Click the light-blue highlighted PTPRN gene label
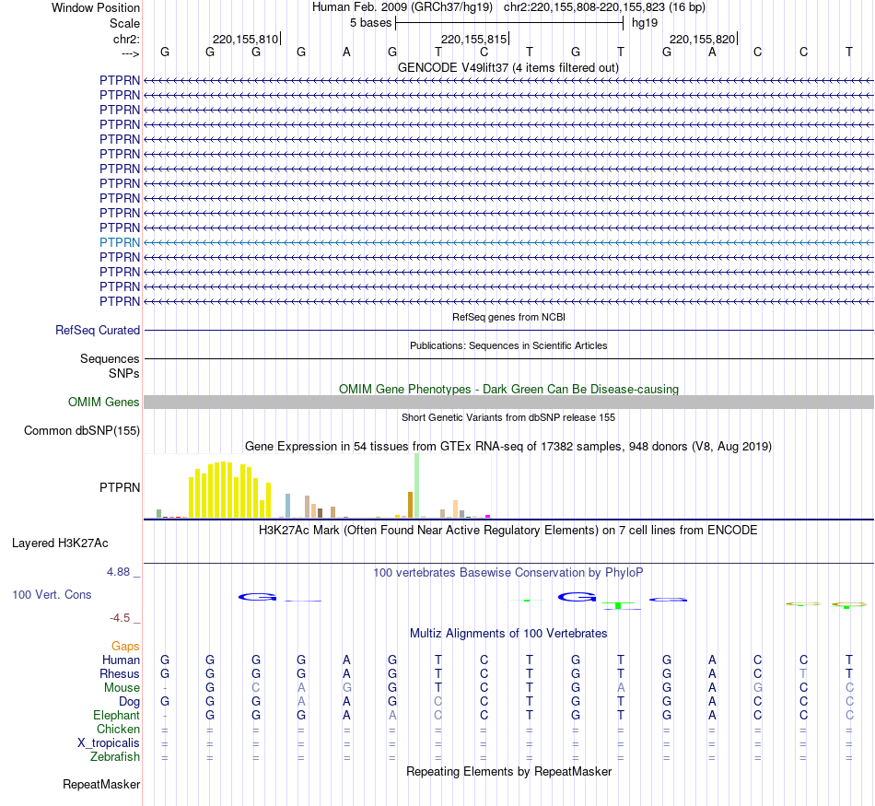click(x=120, y=242)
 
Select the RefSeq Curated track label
click(x=98, y=330)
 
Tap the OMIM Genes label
click(x=103, y=402)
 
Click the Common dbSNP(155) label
click(x=81, y=430)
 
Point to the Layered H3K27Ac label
click(x=60, y=543)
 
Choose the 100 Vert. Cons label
click(x=52, y=595)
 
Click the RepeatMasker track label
click(x=100, y=785)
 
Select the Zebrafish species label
click(x=115, y=757)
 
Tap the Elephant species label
click(x=116, y=716)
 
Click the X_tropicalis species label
click(x=109, y=743)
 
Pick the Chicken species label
click(x=118, y=730)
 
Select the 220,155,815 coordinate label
click(x=473, y=40)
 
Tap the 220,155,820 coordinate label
click(x=702, y=40)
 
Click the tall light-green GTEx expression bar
click(x=416, y=485)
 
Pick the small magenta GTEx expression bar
click(x=487, y=516)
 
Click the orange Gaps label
click(x=125, y=647)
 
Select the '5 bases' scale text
click(x=370, y=22)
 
